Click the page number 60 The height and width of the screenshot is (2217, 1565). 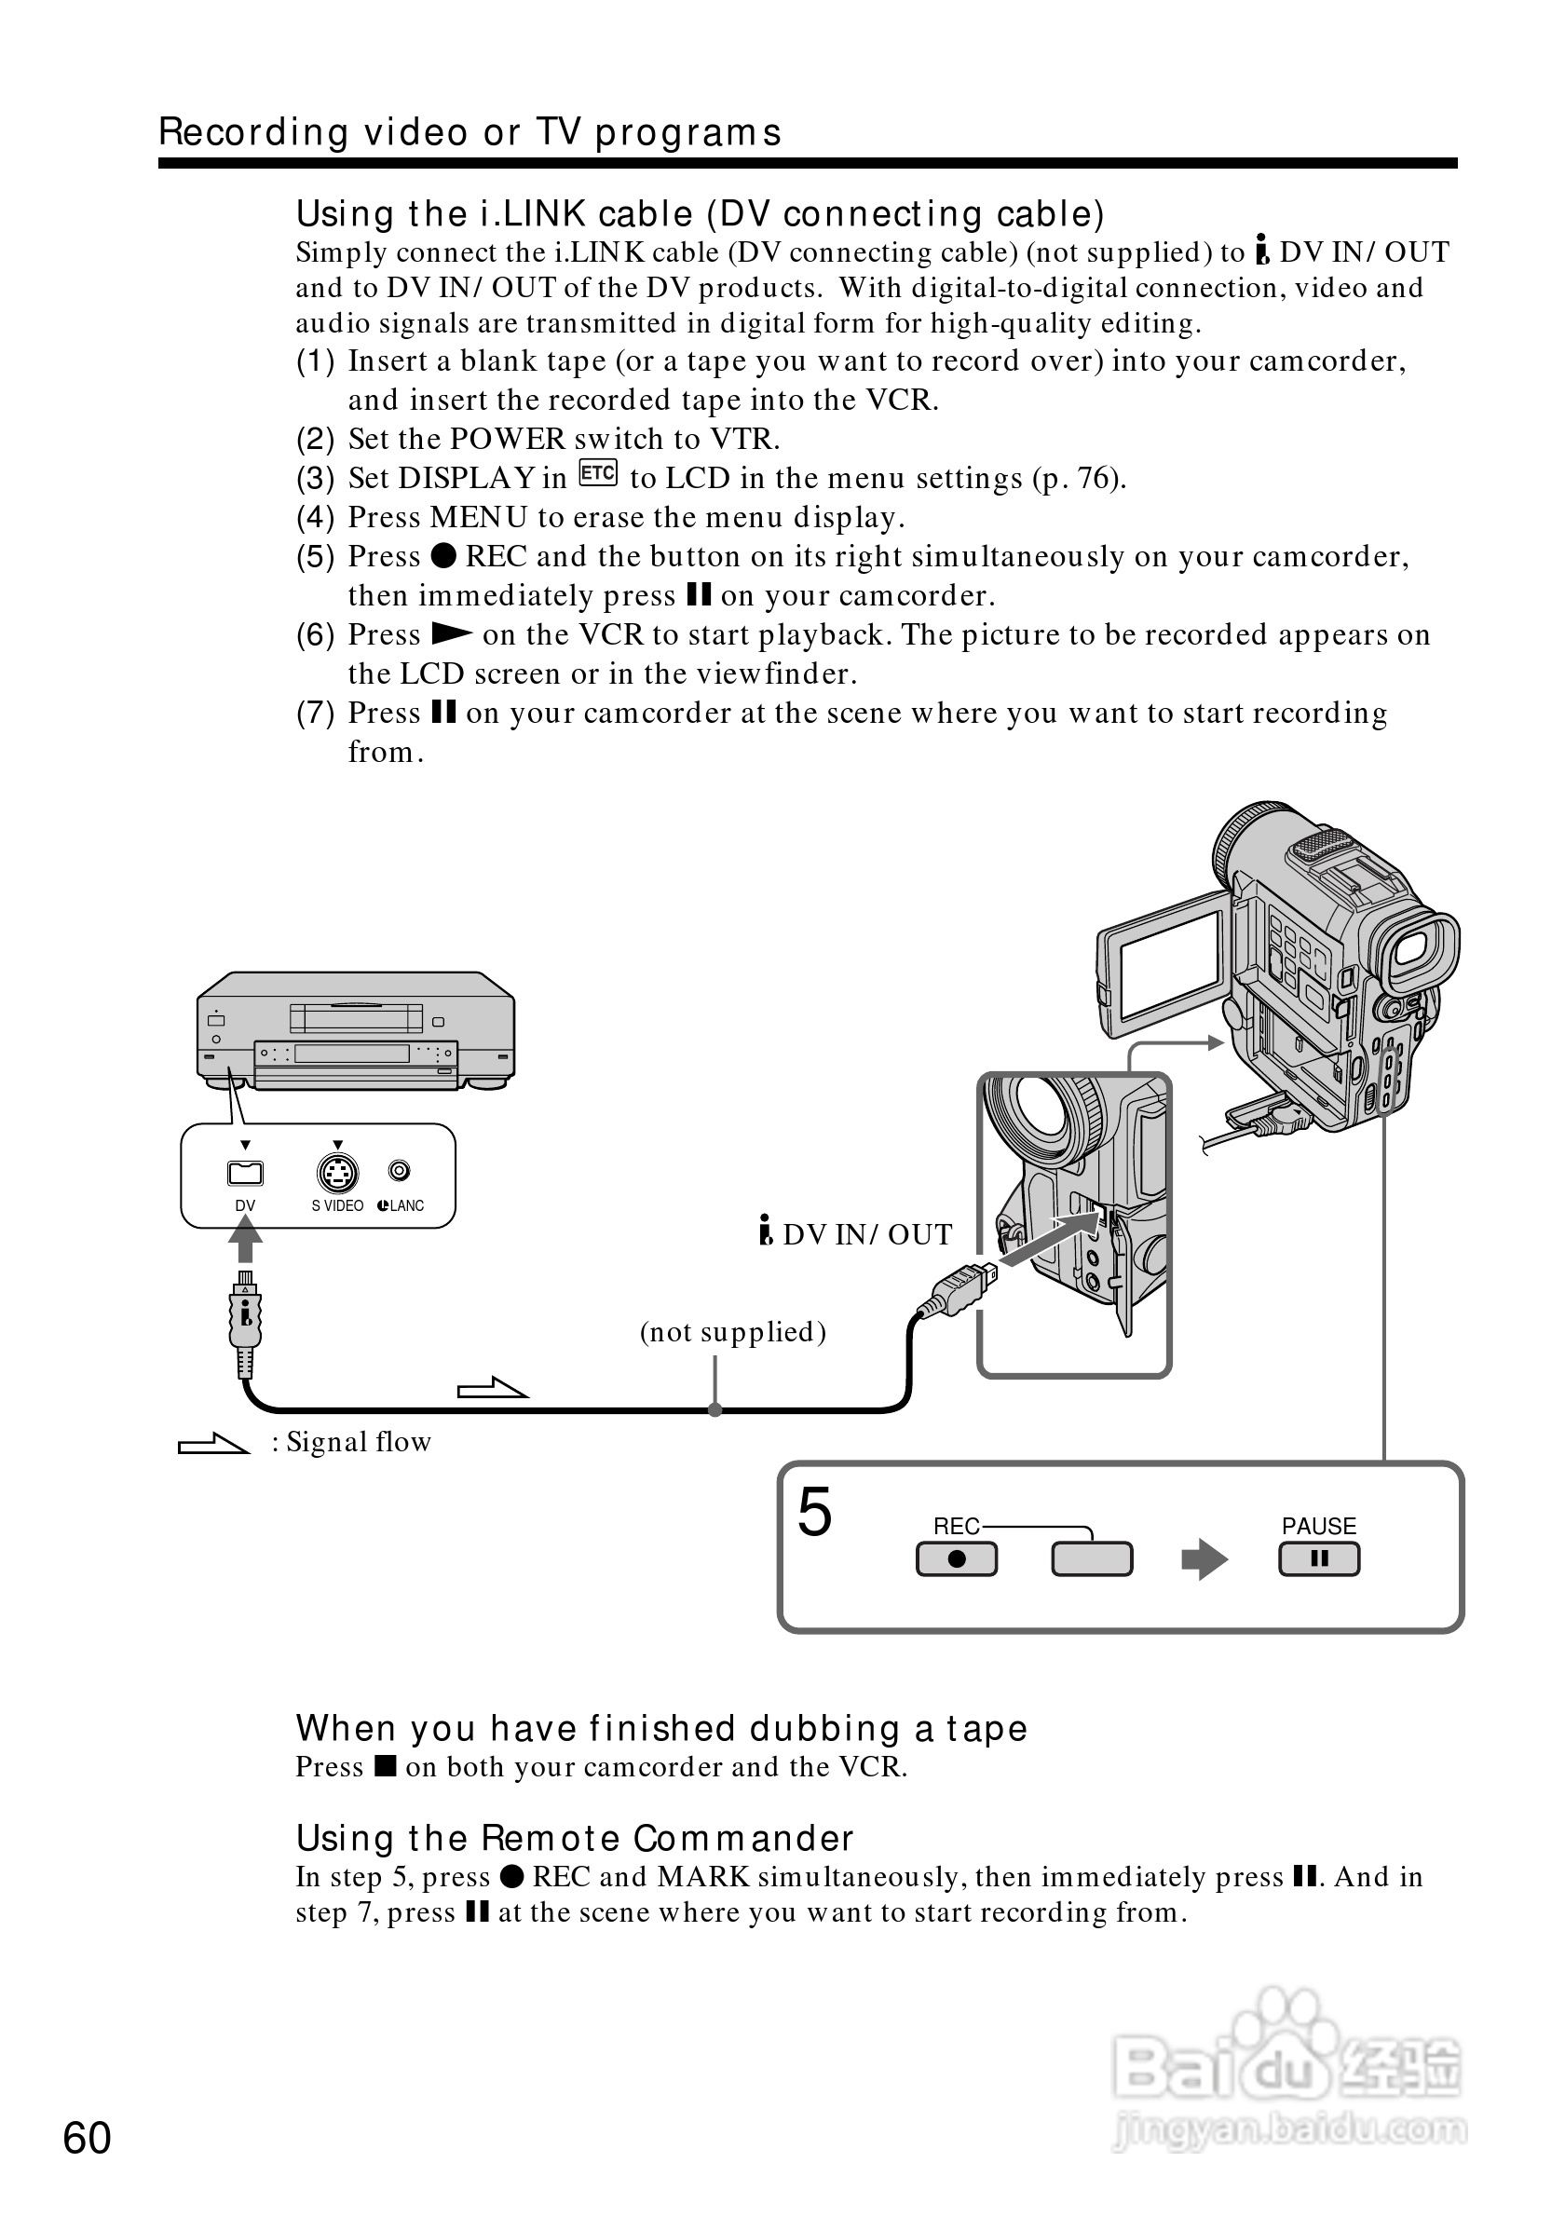click(x=87, y=2139)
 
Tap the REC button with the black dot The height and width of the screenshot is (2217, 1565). click(x=956, y=1559)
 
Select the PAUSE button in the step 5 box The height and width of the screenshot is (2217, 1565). click(x=1319, y=1558)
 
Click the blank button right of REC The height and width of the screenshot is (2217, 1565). click(x=1091, y=1559)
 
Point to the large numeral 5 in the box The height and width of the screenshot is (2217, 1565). click(x=814, y=1512)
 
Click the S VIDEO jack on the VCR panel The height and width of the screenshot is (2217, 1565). click(x=337, y=1173)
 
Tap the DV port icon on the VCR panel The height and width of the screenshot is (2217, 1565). click(x=245, y=1173)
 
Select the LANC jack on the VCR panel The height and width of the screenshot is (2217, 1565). click(x=399, y=1171)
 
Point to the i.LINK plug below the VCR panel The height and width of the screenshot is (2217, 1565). click(x=245, y=1318)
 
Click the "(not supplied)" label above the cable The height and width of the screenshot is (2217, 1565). click(x=733, y=1331)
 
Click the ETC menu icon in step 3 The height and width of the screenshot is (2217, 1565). click(x=598, y=473)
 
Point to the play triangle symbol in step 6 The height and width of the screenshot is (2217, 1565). click(x=451, y=633)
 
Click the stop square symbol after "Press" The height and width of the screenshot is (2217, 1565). click(x=386, y=1766)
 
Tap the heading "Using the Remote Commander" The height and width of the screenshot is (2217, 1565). click(x=575, y=1838)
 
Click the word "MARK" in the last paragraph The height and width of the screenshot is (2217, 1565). click(x=702, y=1876)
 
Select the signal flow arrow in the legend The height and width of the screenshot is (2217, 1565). click(x=213, y=1445)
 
